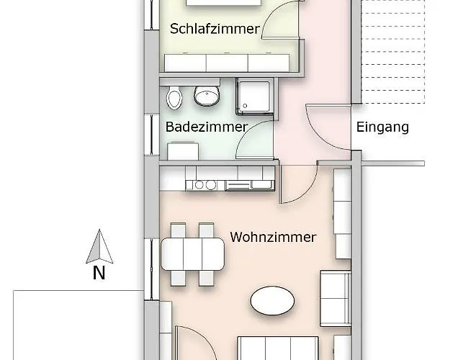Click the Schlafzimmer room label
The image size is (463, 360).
point(215,30)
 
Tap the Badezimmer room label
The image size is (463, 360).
point(207,127)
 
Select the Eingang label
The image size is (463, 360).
point(382,127)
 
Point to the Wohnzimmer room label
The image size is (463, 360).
point(273,237)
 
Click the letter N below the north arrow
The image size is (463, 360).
point(99,273)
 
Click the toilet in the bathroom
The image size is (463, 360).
point(174,97)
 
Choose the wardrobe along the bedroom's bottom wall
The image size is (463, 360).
point(228,63)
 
